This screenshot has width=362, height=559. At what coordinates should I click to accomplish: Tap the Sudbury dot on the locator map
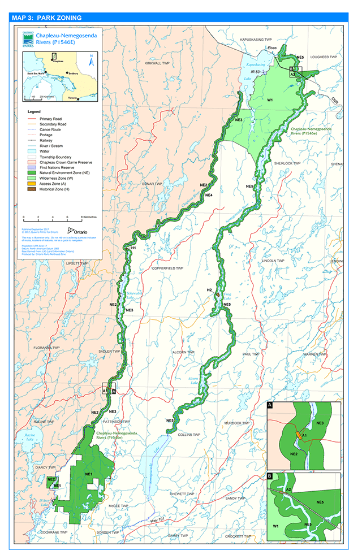68,73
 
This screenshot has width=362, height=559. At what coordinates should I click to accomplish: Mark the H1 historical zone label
134,248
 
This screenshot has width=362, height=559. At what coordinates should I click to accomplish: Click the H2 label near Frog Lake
209,290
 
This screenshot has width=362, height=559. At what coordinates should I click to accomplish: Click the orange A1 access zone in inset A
298,435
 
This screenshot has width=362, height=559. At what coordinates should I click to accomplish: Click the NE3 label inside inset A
320,423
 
